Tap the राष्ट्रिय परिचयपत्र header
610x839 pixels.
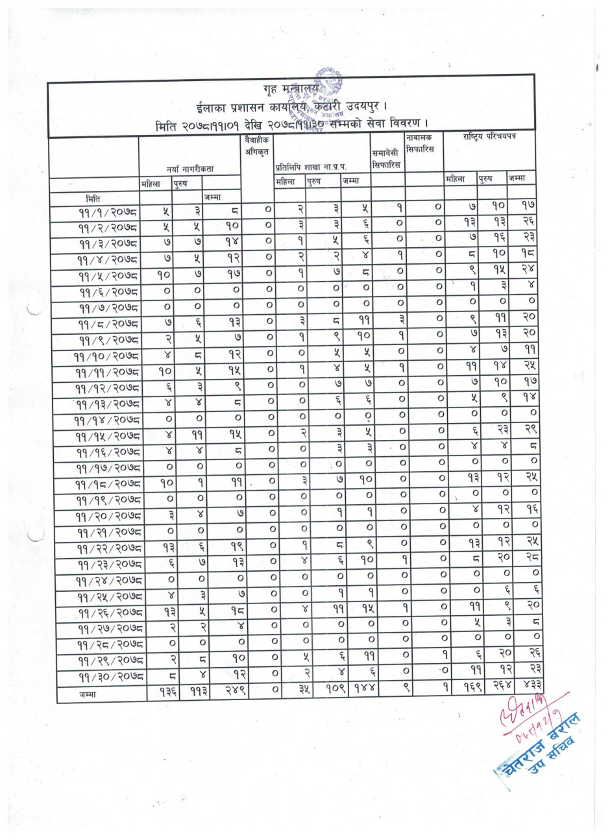click(489, 138)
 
